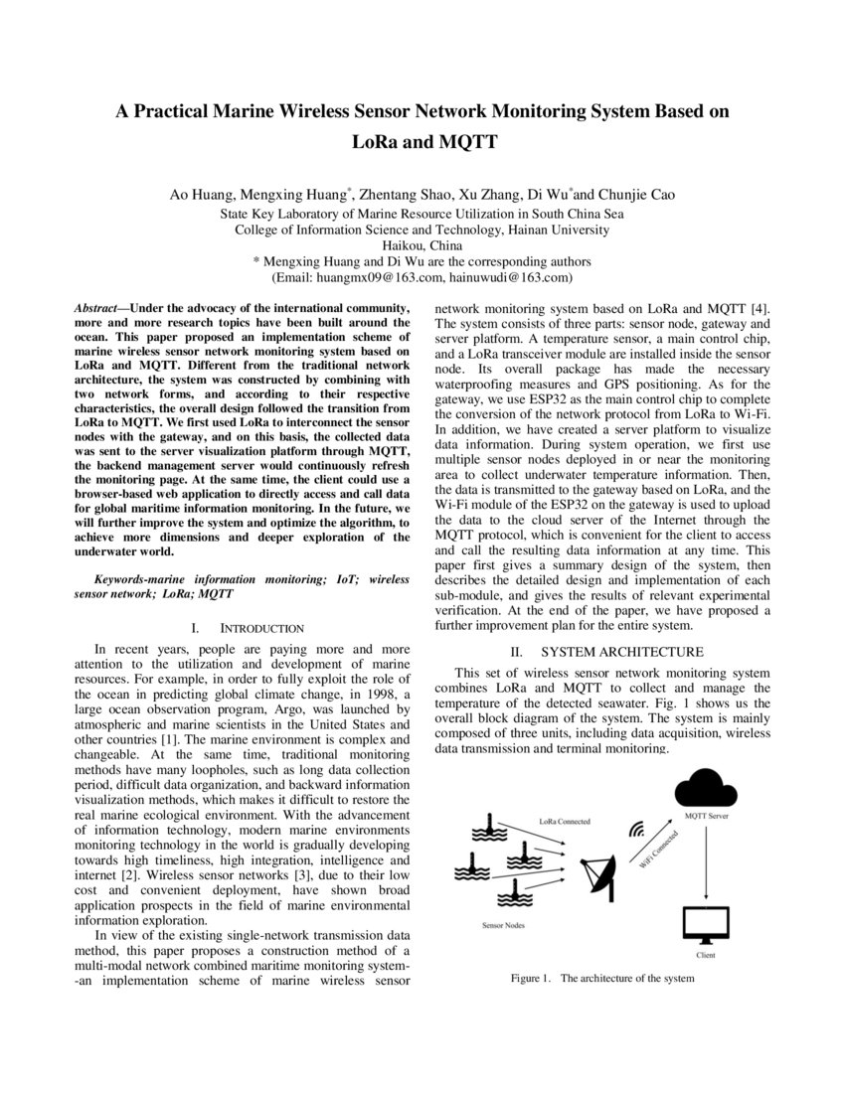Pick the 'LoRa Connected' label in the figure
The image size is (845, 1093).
(x=565, y=822)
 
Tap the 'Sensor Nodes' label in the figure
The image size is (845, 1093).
(x=504, y=925)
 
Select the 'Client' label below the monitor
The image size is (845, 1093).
(x=706, y=956)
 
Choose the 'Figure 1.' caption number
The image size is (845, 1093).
(x=531, y=978)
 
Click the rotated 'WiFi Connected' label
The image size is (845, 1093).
(x=658, y=852)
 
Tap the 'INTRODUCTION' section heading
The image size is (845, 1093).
(x=261, y=628)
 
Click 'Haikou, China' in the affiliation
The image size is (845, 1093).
(x=422, y=244)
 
